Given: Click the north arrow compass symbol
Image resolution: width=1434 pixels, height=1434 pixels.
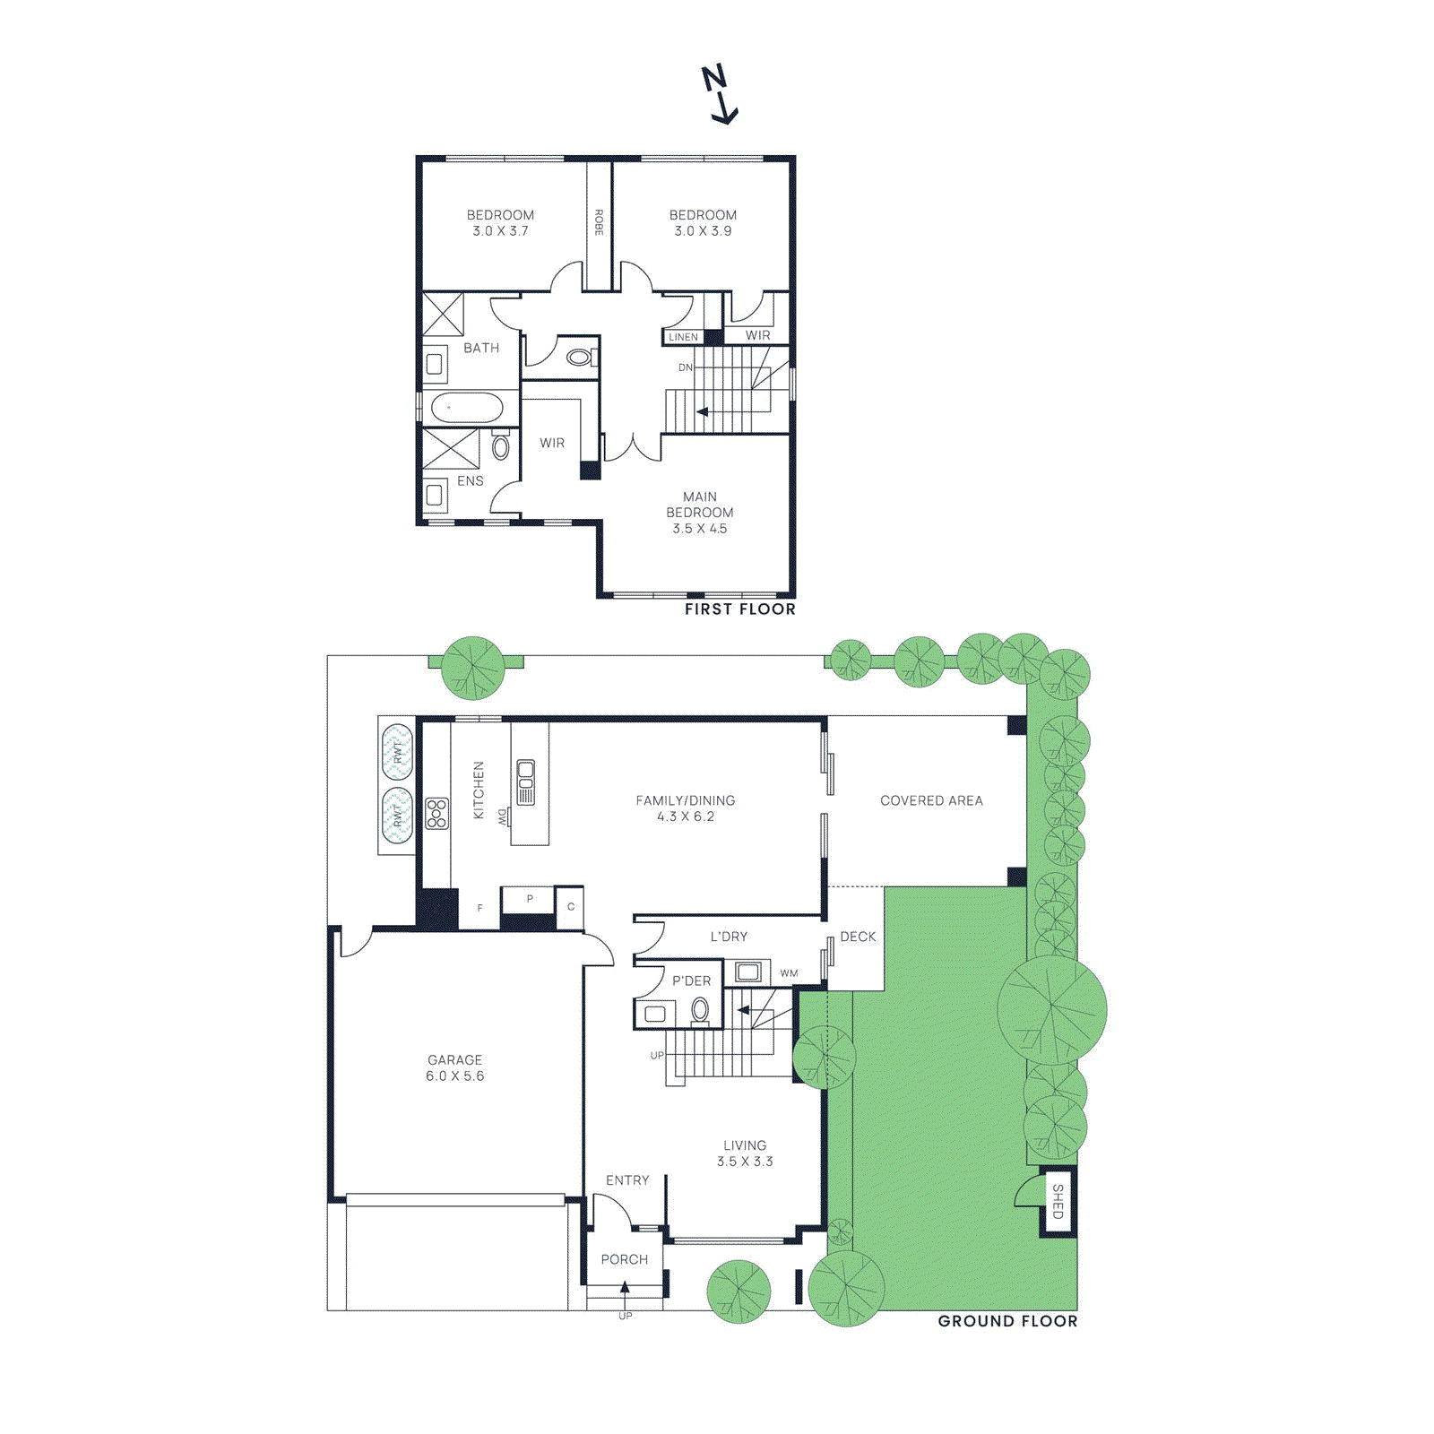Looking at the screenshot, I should [719, 93].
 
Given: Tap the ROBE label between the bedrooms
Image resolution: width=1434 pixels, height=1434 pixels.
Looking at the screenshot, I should [599, 222].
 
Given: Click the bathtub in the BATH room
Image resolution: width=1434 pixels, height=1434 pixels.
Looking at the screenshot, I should [467, 408].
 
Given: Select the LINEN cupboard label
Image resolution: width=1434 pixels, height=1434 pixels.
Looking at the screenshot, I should [683, 337].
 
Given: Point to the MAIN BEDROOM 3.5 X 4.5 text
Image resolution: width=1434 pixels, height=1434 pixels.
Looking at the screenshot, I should [700, 513].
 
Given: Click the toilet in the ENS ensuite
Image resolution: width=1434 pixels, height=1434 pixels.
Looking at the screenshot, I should [501, 445].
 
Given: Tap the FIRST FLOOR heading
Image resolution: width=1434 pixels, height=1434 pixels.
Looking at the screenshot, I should [739, 609].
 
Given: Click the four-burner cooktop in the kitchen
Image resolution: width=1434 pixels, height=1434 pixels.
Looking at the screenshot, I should [436, 814].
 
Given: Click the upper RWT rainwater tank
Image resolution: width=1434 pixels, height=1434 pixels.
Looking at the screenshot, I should [397, 751].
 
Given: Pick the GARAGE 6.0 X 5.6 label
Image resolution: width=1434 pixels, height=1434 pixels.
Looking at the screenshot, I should [455, 1067].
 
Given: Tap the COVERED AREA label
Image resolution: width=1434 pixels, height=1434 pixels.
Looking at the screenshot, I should [931, 800].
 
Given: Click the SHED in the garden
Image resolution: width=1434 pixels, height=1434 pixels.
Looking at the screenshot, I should [1058, 1201].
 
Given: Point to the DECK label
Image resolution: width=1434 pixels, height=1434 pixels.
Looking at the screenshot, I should [858, 937].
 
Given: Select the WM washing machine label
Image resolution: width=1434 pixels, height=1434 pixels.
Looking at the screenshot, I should [789, 973].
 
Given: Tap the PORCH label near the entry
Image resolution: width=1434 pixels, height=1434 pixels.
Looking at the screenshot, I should [624, 1259].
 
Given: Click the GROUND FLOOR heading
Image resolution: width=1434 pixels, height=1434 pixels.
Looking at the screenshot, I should [1007, 1321].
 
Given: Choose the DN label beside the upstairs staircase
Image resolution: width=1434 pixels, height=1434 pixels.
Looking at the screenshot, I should [685, 367].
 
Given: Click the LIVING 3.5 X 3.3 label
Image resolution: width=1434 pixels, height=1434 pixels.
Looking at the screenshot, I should [745, 1153].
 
